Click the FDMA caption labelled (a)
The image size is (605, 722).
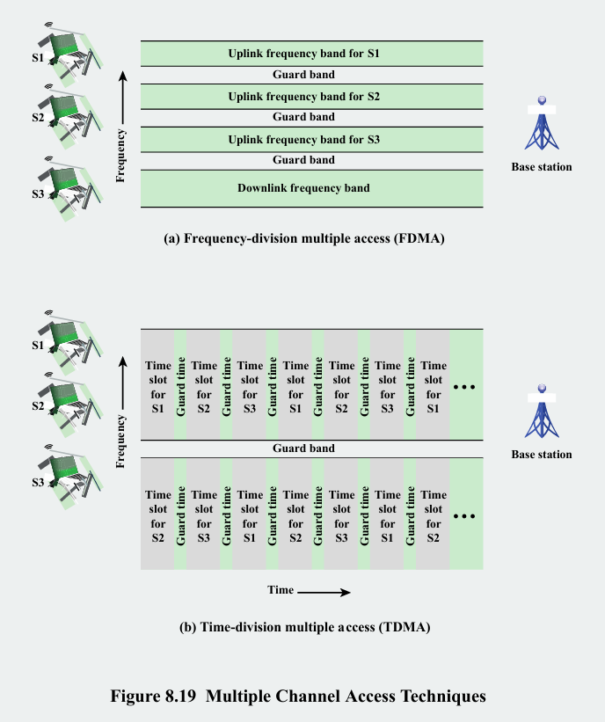(304, 237)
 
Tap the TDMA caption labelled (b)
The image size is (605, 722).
(304, 627)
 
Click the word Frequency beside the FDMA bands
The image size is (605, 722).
(121, 155)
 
